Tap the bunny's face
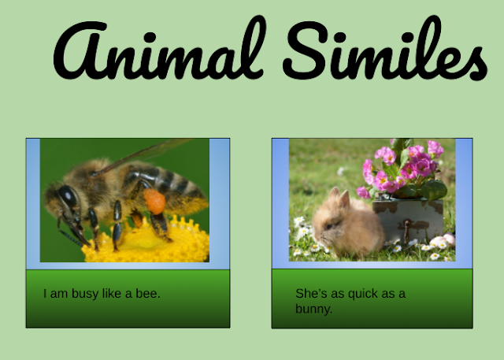click(x=324, y=221)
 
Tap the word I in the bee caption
click(x=45, y=294)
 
